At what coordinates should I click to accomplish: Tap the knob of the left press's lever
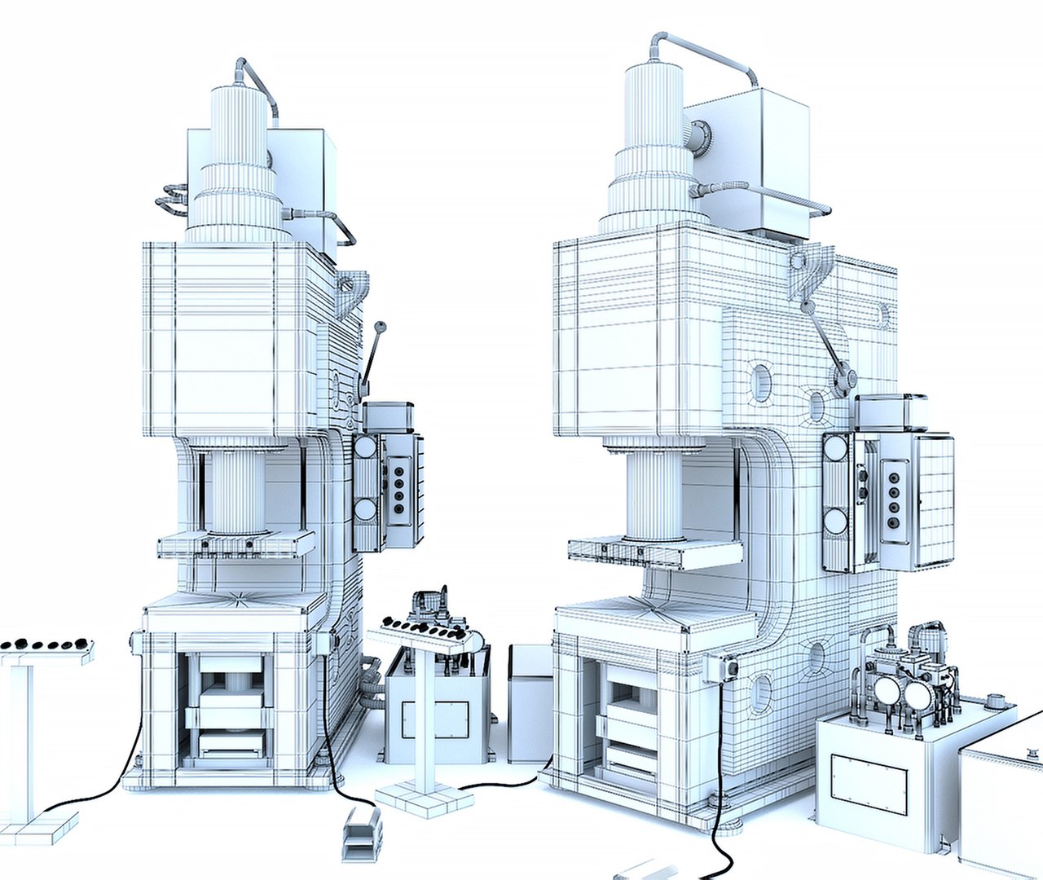click(x=378, y=328)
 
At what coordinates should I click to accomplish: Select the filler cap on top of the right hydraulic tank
click(x=994, y=700)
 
